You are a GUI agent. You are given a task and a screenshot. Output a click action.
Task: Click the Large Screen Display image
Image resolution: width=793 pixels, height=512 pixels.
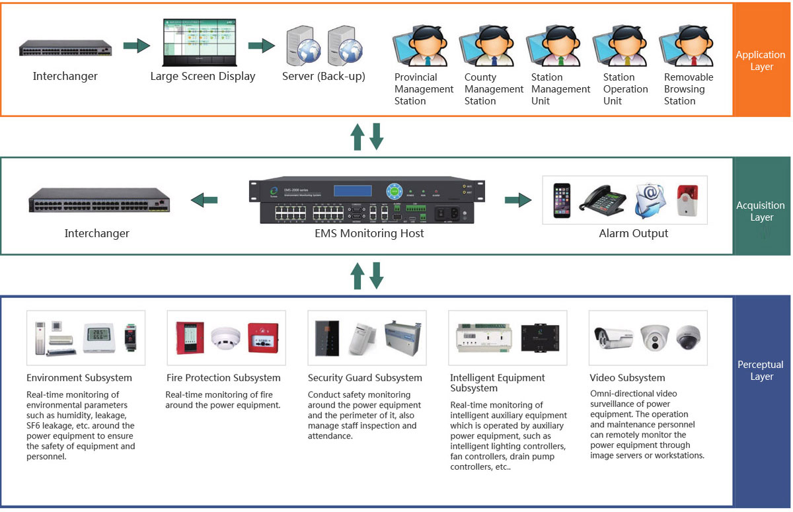tap(202, 42)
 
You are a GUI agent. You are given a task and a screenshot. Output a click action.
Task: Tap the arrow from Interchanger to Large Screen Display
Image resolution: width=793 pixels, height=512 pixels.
tap(136, 46)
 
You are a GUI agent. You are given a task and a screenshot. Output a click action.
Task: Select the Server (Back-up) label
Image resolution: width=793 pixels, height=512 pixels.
tap(323, 76)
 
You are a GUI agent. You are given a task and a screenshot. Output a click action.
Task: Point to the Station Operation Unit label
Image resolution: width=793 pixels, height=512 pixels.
tap(625, 89)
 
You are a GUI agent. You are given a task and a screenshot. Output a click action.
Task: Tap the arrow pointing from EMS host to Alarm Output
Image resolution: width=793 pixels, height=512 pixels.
tap(518, 200)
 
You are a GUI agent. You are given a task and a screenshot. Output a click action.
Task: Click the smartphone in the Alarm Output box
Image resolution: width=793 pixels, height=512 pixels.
tap(561, 200)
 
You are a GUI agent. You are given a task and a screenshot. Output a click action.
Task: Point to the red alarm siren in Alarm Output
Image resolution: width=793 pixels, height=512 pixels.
tap(688, 200)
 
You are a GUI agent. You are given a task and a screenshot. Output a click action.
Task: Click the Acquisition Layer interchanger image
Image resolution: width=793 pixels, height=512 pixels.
tap(98, 200)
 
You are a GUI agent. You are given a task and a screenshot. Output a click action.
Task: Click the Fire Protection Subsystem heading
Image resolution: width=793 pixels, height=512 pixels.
tap(223, 378)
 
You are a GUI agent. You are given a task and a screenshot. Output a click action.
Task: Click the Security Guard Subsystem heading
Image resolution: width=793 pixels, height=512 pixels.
tap(365, 378)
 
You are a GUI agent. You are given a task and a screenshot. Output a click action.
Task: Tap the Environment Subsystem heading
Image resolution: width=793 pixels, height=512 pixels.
tap(79, 378)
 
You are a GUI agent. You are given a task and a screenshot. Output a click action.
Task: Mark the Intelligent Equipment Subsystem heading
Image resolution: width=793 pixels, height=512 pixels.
tap(497, 383)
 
